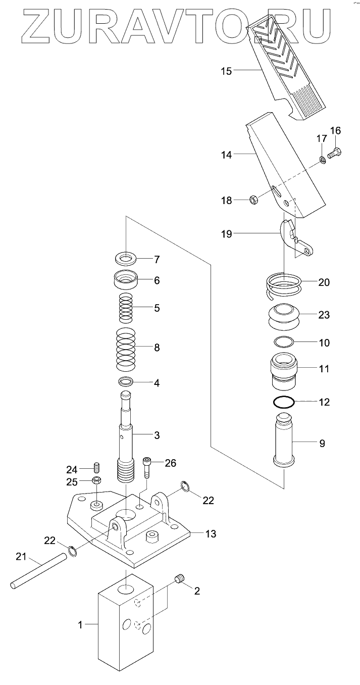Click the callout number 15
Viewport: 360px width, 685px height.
(x=226, y=71)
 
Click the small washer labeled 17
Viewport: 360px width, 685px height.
(x=322, y=161)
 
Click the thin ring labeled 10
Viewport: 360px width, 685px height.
(x=284, y=342)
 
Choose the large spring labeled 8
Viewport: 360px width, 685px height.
(x=127, y=348)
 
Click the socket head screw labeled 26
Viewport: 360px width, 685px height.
(x=146, y=467)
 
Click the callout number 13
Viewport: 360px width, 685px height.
(x=211, y=533)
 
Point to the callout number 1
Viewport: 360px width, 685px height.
(x=80, y=625)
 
